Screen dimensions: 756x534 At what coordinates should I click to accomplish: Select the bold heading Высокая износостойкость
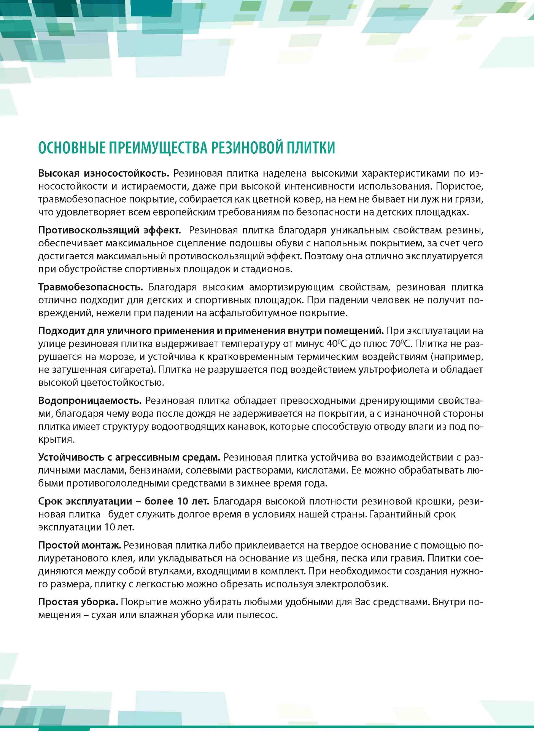coord(103,174)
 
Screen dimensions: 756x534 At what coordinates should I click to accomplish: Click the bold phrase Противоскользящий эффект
coord(110,230)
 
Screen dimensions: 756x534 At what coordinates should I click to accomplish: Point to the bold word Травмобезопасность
coord(91,287)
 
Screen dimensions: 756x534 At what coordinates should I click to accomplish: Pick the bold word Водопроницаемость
coord(90,400)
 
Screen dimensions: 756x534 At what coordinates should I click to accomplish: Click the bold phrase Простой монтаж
coord(79,545)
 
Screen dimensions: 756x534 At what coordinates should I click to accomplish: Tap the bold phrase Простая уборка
coord(78,602)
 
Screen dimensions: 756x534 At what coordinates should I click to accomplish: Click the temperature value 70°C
coord(400,344)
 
